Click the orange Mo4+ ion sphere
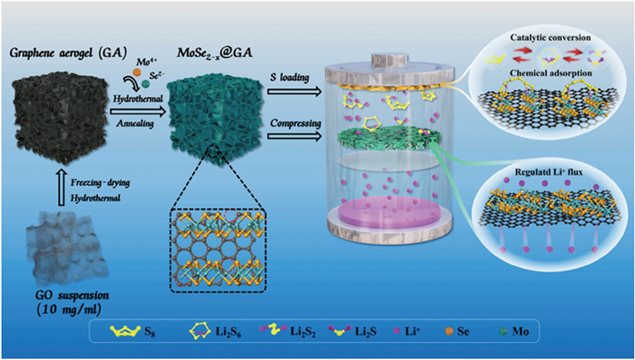pyautogui.click(x=136, y=73)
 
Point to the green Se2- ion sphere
pyautogui.click(x=145, y=83)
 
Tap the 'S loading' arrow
pyautogui.click(x=294, y=92)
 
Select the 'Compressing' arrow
pyautogui.click(x=294, y=137)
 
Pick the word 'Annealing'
pyautogui.click(x=134, y=123)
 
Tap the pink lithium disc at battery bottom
pyautogui.click(x=388, y=211)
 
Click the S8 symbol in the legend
pyautogui.click(x=124, y=331)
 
